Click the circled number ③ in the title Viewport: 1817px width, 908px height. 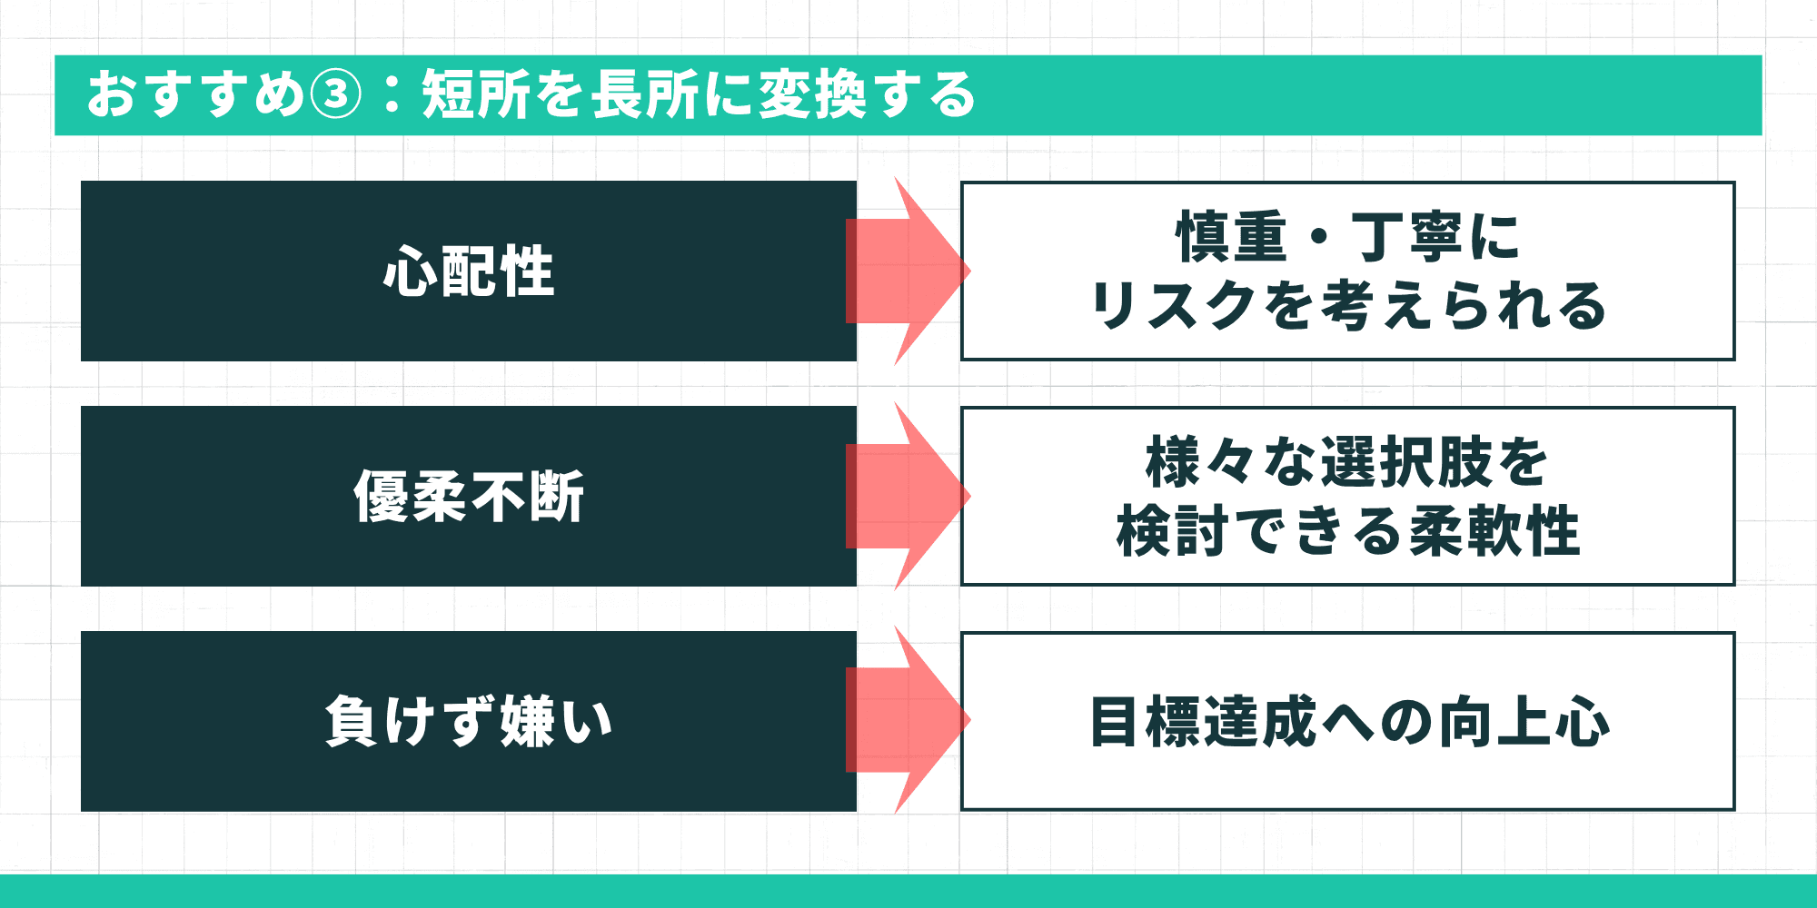click(x=336, y=95)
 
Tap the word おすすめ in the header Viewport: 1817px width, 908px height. click(x=195, y=95)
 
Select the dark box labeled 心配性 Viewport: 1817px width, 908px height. click(x=469, y=271)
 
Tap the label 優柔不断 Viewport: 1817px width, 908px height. click(x=469, y=497)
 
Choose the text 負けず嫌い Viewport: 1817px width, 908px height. click(x=469, y=722)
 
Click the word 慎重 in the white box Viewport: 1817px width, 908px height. click(x=1232, y=237)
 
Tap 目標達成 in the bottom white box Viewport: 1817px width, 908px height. click(x=1203, y=723)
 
